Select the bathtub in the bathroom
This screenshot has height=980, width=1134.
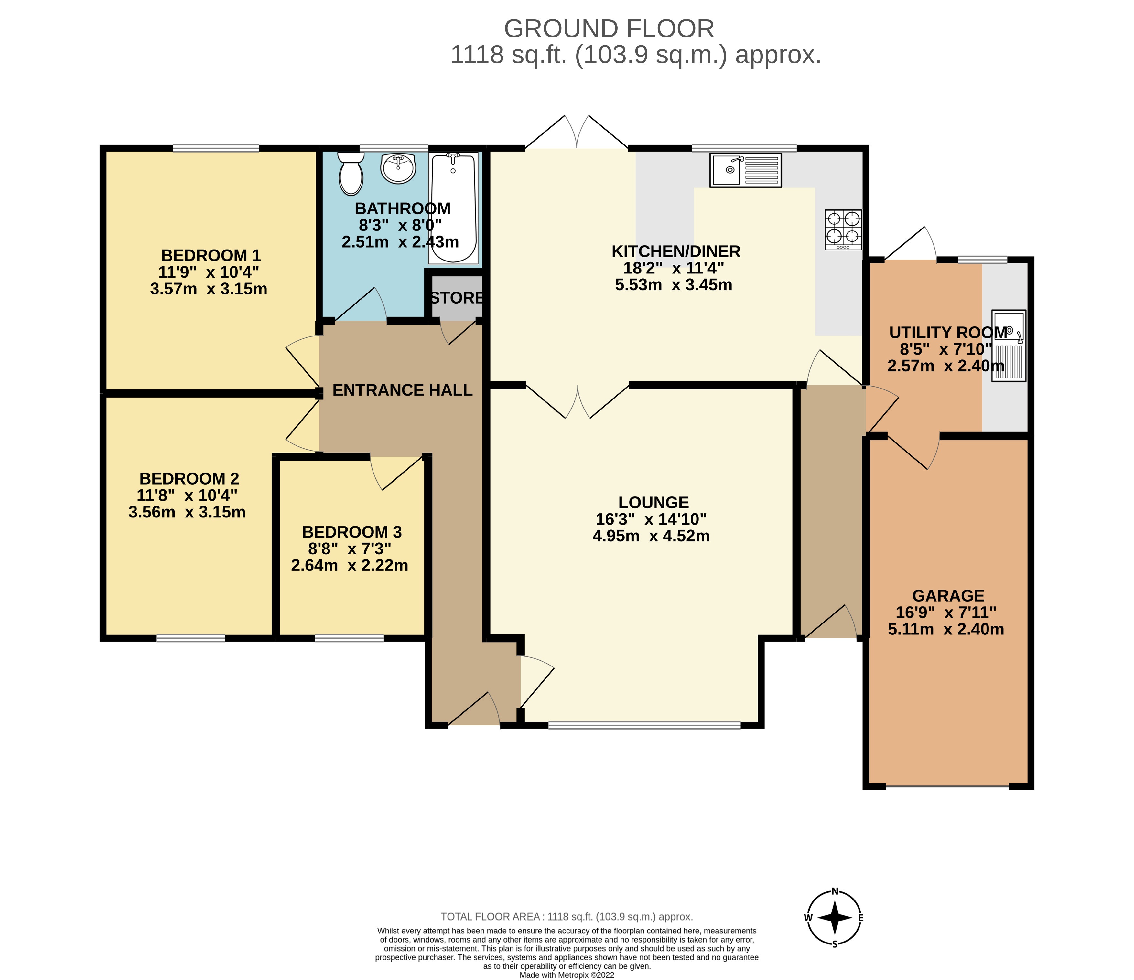pyautogui.click(x=454, y=208)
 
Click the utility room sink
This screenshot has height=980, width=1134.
pyautogui.click(x=1009, y=346)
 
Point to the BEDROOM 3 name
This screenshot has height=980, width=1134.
pyautogui.click(x=352, y=532)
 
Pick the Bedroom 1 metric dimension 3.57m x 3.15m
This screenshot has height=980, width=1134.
pyautogui.click(x=209, y=289)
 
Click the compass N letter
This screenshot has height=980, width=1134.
pyautogui.click(x=835, y=891)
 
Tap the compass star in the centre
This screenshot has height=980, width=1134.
pyautogui.click(x=835, y=918)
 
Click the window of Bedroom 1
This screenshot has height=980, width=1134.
pyautogui.click(x=216, y=148)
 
